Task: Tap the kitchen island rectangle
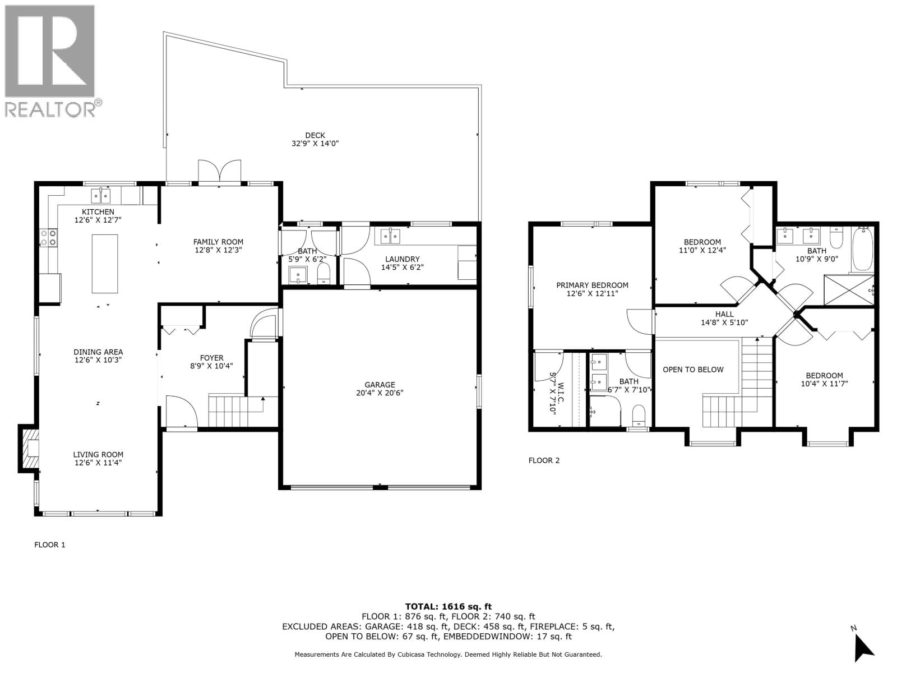tap(105, 264)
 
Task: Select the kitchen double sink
tap(101, 196)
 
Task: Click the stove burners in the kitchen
tap(48, 238)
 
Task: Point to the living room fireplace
tap(30, 448)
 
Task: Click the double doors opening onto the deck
tap(219, 172)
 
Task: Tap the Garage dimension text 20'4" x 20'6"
tap(380, 393)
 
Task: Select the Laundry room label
tap(402, 259)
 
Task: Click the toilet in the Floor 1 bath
tap(324, 274)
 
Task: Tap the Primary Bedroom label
tap(592, 285)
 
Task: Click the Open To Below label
tap(693, 369)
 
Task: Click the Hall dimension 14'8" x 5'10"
tap(724, 322)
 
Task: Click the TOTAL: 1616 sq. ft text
tap(448, 606)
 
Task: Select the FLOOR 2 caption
tap(544, 460)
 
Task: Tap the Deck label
tap(315, 135)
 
